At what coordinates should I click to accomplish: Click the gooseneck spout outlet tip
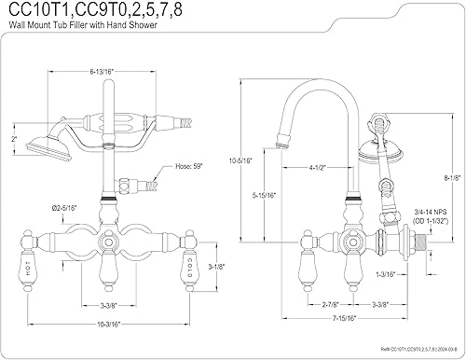(x=276, y=145)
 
